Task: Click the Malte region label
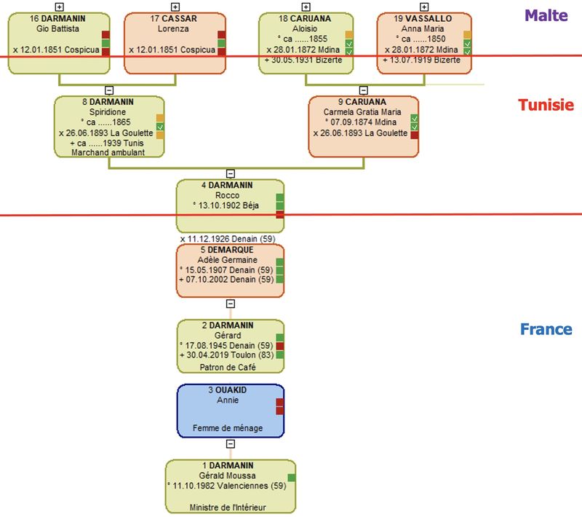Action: pos(546,15)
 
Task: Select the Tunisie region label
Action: pos(546,105)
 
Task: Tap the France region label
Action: pos(546,329)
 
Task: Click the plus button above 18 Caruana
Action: pos(306,7)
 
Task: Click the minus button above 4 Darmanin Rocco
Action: pos(231,173)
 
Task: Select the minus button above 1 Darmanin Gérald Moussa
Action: pos(231,443)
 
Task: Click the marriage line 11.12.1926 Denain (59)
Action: pos(227,238)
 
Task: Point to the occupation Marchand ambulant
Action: pos(108,152)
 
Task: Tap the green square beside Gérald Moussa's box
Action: pos(292,478)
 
